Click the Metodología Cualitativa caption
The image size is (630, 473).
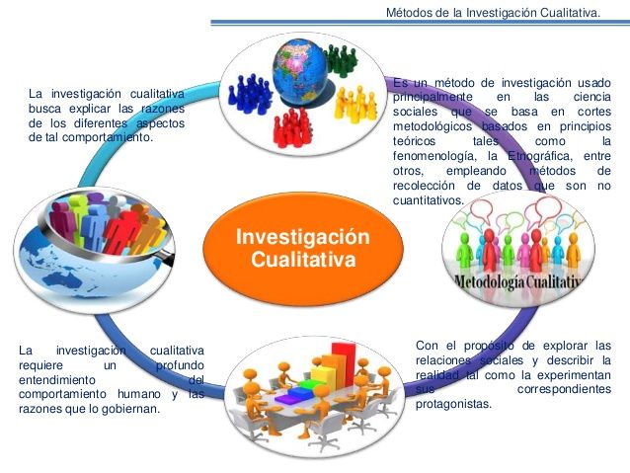[x=513, y=283]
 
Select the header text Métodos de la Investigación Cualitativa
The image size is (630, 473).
[x=494, y=12]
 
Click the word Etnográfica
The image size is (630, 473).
[x=542, y=155]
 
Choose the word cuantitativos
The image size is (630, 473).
[x=428, y=199]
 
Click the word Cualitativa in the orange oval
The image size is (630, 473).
[x=302, y=262]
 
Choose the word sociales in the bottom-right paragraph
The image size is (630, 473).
[x=504, y=360]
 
